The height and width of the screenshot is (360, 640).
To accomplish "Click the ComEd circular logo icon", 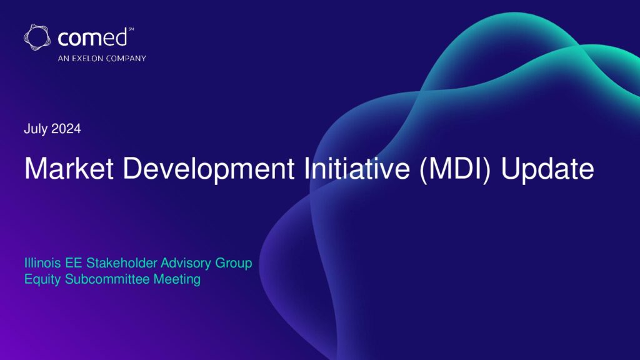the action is point(37,37).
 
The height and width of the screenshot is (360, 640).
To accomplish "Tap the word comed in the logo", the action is point(92,38).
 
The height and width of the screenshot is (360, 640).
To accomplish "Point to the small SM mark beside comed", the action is point(131,29).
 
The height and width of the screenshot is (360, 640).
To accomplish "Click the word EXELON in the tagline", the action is point(87,58).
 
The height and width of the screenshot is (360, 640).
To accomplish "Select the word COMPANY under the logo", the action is point(126,58).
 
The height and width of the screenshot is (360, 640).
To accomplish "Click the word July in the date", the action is point(36,129).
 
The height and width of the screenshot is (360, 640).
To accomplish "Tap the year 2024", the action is point(66,129).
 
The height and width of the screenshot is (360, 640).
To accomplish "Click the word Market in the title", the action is point(69,168).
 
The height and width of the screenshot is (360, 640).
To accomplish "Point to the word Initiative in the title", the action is point(357,168).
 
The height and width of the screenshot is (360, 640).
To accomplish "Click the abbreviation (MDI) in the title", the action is point(455,169).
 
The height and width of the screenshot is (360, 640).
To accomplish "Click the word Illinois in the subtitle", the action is point(42,263).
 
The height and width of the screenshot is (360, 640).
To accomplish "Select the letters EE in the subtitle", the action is point(74,263).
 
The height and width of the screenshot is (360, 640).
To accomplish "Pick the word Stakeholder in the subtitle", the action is point(121,263).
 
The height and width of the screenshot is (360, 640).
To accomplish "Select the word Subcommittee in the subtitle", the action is point(107,279).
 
